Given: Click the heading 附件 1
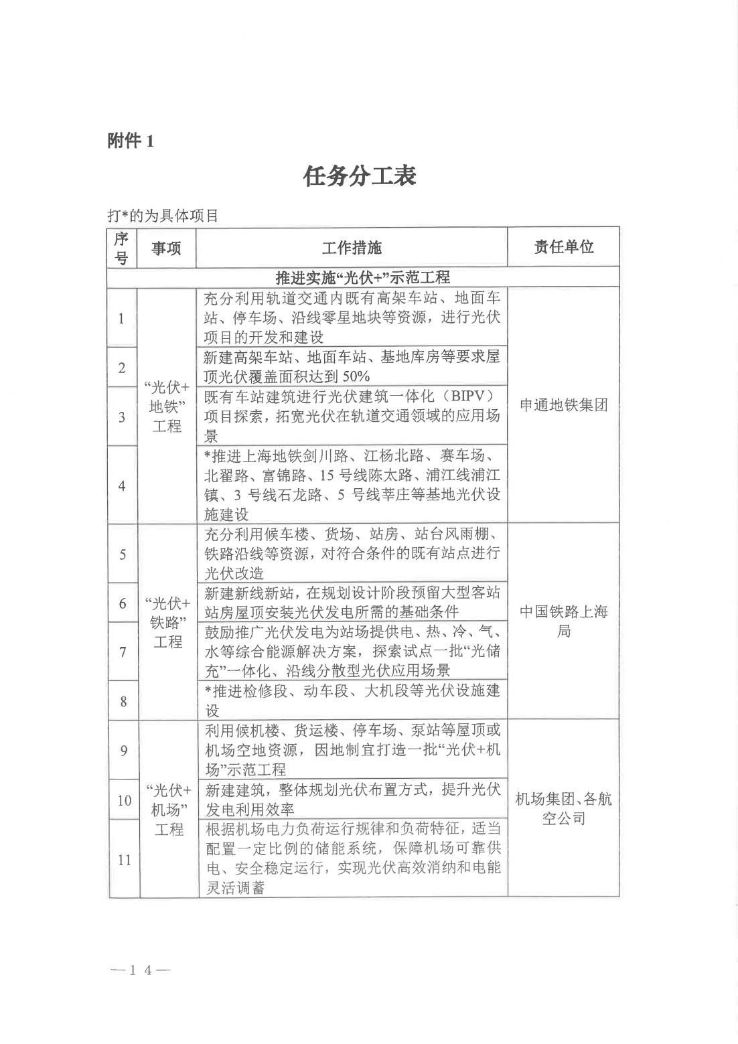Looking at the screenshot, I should coord(131,141).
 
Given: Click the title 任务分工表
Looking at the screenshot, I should coord(360,176).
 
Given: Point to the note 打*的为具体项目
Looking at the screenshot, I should coord(163,216).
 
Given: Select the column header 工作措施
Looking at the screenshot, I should coord(352,248).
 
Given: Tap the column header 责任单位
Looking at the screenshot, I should coord(563,247).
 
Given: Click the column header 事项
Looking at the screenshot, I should coord(166,248).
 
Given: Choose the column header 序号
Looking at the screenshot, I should coord(121,248).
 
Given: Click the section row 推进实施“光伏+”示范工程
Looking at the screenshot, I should coord(363,277).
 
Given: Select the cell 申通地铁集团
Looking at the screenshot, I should coord(563,405).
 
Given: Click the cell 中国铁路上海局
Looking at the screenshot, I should coord(563,621).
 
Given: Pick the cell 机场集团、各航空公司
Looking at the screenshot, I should coord(563,808).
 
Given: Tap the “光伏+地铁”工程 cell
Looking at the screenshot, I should coord(167,406).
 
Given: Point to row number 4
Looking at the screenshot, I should coord(122,486).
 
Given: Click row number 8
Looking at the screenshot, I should coord(123,701).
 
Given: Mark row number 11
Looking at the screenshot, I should coord(124,860).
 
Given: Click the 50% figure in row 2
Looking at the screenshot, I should coord(352,376).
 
